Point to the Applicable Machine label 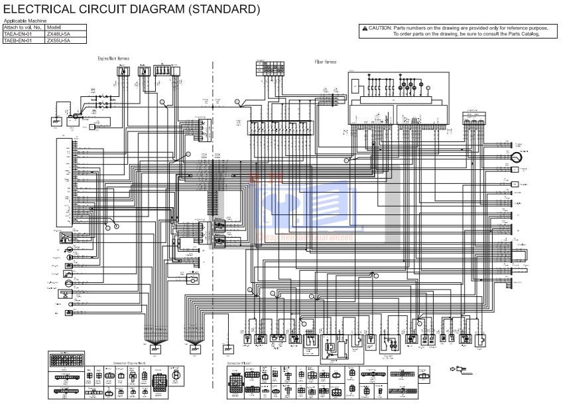(x=25, y=21)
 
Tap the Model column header (x=54, y=27)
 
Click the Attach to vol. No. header (x=23, y=27)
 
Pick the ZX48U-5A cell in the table (x=58, y=34)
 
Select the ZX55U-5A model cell (x=58, y=41)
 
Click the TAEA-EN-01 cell (x=18, y=34)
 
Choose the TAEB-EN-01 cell (x=18, y=41)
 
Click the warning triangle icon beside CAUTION (x=364, y=29)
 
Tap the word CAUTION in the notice (x=380, y=29)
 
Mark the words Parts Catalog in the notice (x=524, y=34)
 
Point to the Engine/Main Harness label (x=113, y=59)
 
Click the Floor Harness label (x=325, y=62)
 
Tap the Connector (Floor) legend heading (x=239, y=364)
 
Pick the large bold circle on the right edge (x=516, y=157)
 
